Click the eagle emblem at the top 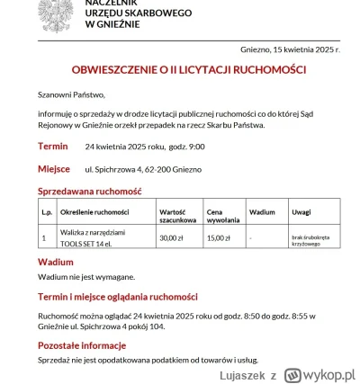tap(40, 11)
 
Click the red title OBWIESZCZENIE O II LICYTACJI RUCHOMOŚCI tap(188, 70)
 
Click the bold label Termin tap(53, 146)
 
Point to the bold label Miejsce tap(54, 168)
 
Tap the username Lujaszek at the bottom tap(237, 371)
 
